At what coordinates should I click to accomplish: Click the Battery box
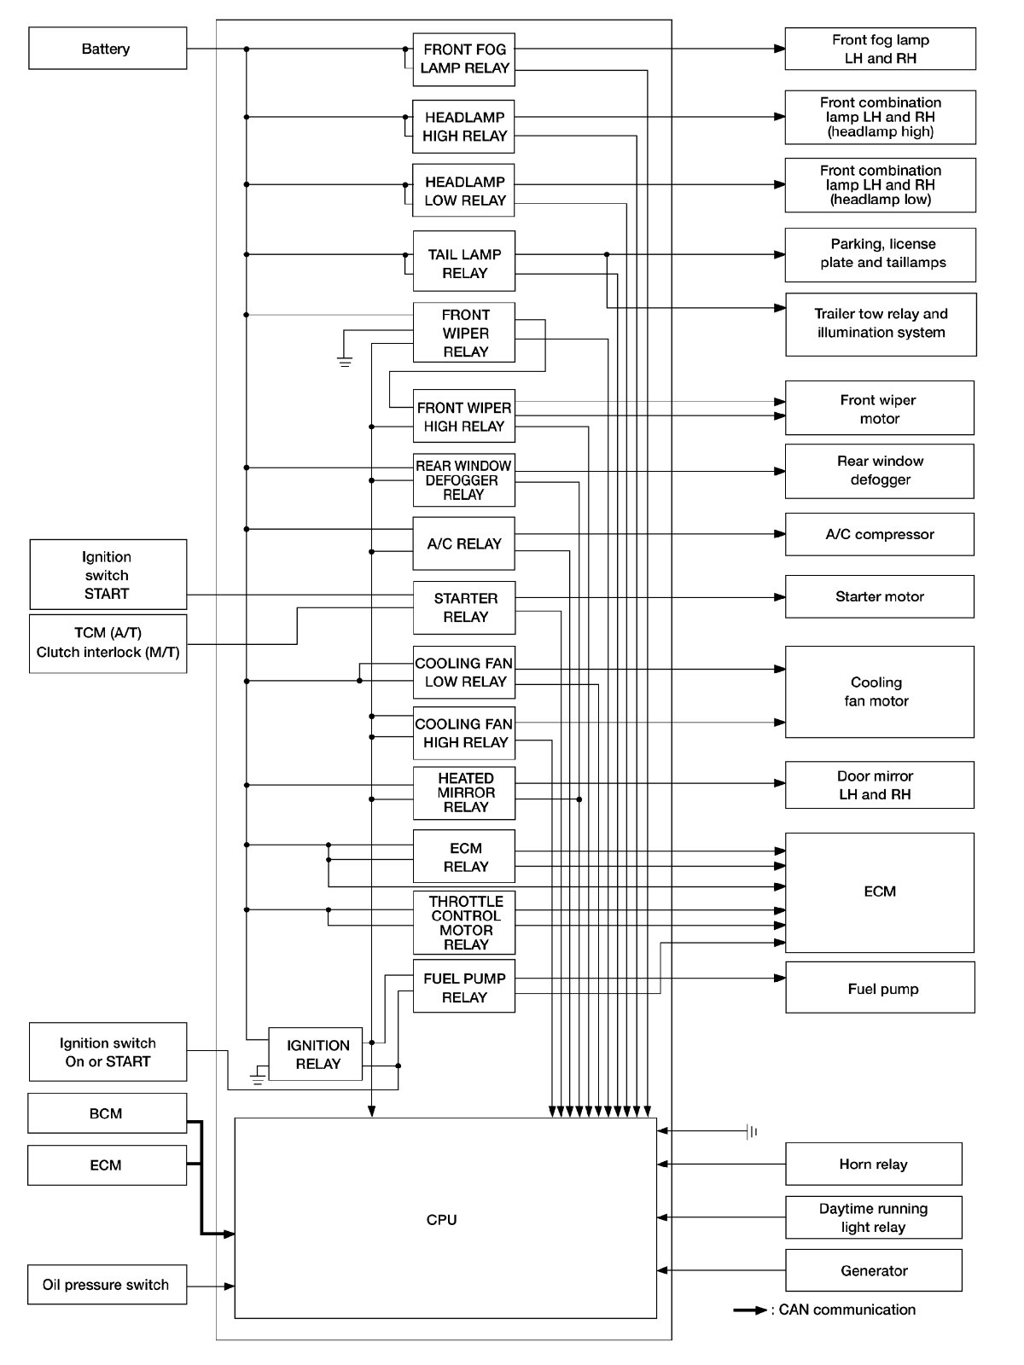coord(108,49)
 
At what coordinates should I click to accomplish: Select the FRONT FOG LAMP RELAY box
coord(463,59)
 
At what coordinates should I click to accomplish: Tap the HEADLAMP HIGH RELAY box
coord(463,126)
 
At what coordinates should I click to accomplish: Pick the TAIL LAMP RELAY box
coord(463,263)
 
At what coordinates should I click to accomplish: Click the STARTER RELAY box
coord(463,607)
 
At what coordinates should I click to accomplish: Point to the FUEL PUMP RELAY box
coord(463,987)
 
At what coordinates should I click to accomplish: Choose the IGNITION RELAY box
coord(316,1054)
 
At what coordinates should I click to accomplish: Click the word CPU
coord(441,1220)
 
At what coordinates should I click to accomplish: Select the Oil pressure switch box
coord(108,1285)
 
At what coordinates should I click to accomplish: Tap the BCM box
coord(108,1113)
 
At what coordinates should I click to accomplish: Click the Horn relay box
coord(873,1165)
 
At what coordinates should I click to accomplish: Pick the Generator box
coord(873,1270)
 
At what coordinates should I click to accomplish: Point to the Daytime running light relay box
coord(873,1217)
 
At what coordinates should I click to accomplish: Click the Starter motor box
coord(879,596)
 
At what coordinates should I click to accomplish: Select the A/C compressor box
coord(879,534)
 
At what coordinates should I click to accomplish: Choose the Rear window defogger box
coord(879,471)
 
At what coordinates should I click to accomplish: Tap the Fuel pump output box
coord(880,988)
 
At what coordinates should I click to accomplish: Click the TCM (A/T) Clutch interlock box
coord(108,643)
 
